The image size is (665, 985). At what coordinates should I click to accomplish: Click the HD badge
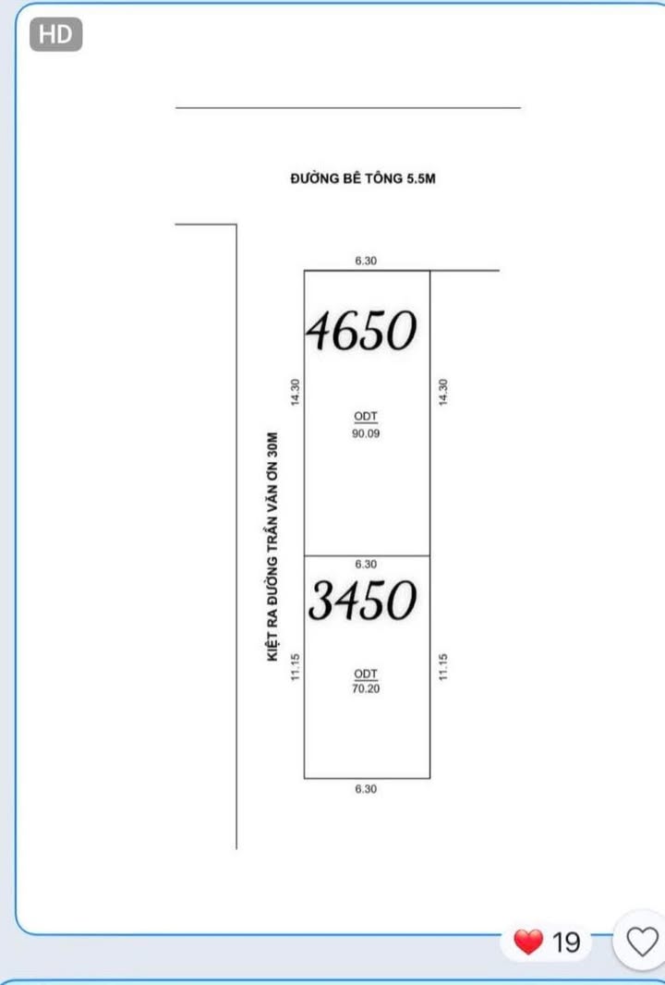[x=56, y=35]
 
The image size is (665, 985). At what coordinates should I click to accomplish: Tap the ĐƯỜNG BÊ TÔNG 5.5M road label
[x=362, y=179]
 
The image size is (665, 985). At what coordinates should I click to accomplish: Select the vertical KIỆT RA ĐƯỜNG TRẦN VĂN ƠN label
[x=272, y=546]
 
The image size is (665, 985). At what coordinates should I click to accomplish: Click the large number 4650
[x=362, y=331]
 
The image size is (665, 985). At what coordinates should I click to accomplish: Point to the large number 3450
[x=362, y=602]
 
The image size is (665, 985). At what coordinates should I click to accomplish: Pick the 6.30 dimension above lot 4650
[x=366, y=261]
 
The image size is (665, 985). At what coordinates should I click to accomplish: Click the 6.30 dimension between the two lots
[x=366, y=564]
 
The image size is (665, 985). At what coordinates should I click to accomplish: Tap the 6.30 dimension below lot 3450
[x=366, y=789]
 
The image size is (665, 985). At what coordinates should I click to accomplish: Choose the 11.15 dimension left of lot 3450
[x=295, y=668]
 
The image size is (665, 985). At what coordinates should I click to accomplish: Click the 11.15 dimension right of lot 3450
[x=442, y=668]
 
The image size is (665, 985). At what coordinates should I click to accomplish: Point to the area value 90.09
[x=366, y=432]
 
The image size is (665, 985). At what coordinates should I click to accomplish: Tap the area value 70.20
[x=366, y=688]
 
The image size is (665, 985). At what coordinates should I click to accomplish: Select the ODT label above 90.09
[x=366, y=417]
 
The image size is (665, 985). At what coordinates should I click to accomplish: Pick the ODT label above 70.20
[x=366, y=674]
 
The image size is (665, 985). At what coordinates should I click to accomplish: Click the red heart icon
[x=528, y=942]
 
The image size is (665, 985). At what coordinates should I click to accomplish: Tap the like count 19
[x=566, y=942]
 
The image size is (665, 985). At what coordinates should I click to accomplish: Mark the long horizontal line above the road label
[x=347, y=108]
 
